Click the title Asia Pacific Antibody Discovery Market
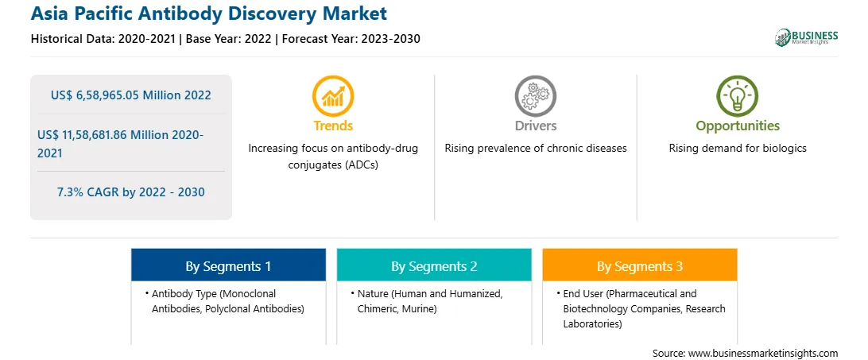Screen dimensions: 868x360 209,13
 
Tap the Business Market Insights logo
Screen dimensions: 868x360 806,37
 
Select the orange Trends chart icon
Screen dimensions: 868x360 333,96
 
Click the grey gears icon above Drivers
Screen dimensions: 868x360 535,96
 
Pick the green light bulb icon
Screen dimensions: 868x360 738,96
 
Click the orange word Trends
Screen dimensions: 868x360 333,126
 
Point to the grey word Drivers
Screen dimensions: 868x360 535,126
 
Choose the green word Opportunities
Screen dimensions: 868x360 738,126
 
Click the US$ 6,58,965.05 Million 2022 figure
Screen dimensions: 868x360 130,95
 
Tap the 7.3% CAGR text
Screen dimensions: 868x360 130,192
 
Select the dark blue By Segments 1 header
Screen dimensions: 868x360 228,266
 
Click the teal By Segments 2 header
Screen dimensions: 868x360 434,266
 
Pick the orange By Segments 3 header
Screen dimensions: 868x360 639,266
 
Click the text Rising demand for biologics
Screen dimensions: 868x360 738,149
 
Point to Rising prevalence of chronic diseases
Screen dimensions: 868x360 535,149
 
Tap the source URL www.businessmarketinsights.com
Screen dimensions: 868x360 763,353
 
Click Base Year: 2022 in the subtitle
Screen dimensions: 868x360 227,39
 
